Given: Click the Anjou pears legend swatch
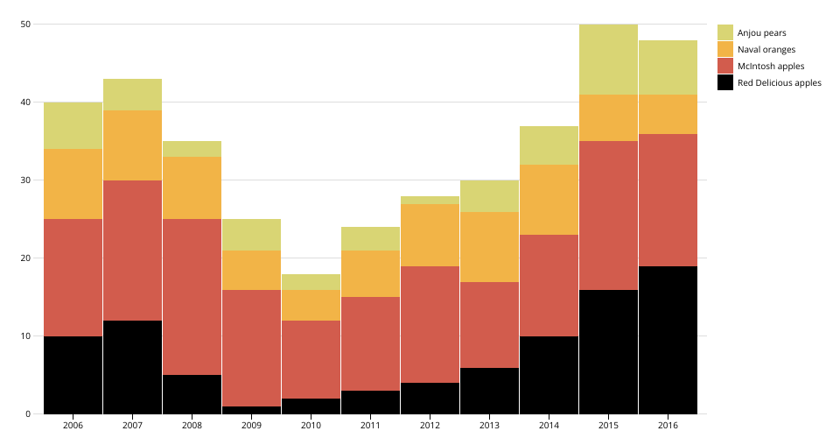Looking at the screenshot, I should tap(724, 32).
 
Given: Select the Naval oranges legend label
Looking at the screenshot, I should tap(766, 49).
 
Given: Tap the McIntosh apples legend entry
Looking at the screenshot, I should tap(770, 66).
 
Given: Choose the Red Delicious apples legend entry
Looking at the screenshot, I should tap(779, 82).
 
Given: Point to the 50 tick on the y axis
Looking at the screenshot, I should tap(25, 25).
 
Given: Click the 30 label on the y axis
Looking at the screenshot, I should tap(25, 180).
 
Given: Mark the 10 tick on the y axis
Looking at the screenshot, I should tap(25, 336).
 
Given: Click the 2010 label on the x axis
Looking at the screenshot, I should tap(311, 425).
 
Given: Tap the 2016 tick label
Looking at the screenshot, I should tap(668, 425).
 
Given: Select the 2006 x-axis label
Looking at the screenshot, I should tap(73, 425).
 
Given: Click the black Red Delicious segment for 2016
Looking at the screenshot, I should tap(668, 340).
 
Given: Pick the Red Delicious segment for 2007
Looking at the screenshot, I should tap(132, 367).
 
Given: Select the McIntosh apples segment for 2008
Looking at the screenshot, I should tap(192, 297).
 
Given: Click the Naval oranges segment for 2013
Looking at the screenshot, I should tap(489, 247).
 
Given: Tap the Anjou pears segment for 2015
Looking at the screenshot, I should tap(608, 60).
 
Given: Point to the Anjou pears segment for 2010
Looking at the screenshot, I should tap(311, 282).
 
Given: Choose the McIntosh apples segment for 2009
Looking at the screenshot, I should tap(251, 348).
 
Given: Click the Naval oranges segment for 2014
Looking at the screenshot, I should tap(549, 200).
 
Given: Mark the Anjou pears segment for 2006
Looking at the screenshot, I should tap(73, 125).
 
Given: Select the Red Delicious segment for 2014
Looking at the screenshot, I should tap(549, 375).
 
